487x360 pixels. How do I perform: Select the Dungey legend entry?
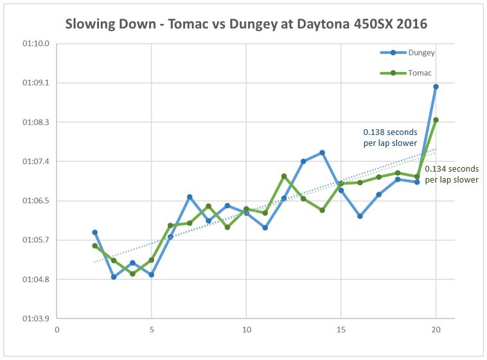click(421, 53)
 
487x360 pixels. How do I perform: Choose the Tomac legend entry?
click(420, 73)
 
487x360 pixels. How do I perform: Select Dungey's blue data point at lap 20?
click(436, 87)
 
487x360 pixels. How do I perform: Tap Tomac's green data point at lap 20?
click(436, 120)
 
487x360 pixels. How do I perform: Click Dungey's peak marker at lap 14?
click(322, 152)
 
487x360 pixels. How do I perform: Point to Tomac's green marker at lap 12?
click(284, 176)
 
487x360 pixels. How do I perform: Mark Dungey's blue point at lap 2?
click(94, 232)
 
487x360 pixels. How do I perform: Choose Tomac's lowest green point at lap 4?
click(132, 274)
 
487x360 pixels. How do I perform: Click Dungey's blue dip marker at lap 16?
click(360, 216)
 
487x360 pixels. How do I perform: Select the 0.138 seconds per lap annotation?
click(390, 138)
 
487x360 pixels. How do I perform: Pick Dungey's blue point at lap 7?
click(190, 197)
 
